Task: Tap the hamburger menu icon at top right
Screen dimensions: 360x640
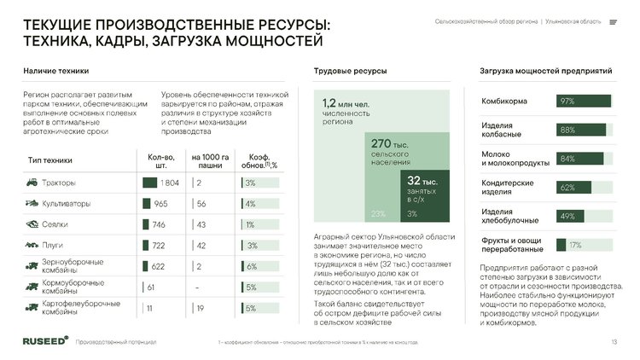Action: pos(614,21)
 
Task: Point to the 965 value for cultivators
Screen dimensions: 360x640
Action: pos(160,204)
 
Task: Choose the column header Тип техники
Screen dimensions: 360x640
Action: pos(50,160)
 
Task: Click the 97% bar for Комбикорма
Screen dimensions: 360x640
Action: pos(584,102)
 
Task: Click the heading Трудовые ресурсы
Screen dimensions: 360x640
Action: pos(350,71)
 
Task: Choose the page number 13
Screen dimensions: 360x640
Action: pos(614,342)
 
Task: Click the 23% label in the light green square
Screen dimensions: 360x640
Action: pos(379,213)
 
